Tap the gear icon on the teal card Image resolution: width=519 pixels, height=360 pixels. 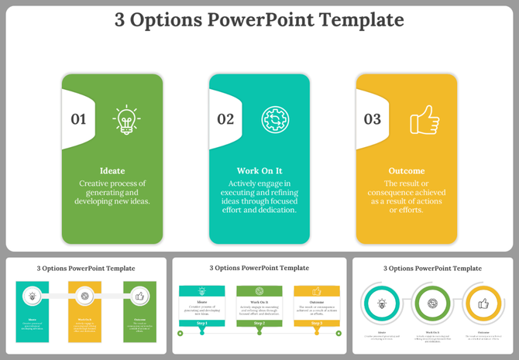click(273, 119)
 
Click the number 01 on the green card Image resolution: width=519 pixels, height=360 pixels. click(78, 119)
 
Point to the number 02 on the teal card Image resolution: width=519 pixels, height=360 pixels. click(225, 119)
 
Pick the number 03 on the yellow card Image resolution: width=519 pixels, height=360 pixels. click(373, 119)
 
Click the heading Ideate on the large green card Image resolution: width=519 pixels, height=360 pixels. click(112, 171)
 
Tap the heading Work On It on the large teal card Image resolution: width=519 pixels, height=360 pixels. click(259, 171)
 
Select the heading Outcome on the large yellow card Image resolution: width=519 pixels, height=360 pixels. click(407, 171)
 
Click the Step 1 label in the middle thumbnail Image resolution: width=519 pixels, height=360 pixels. click(202, 323)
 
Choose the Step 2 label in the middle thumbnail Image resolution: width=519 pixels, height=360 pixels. click(259, 323)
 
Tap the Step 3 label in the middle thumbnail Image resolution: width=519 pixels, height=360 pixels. click(317, 323)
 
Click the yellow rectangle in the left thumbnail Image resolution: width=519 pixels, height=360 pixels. click(85, 310)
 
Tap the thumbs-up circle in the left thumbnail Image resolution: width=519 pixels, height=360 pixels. click(139, 296)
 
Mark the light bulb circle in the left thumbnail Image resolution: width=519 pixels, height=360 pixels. click(32, 296)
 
